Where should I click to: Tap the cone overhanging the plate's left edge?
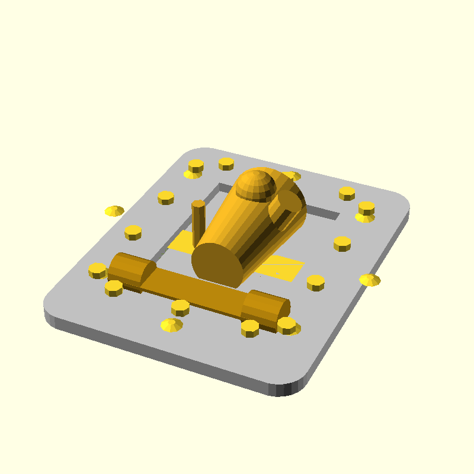click(x=114, y=211)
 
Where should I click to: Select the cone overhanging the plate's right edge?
click(x=370, y=280)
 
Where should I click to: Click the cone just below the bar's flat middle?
click(x=171, y=325)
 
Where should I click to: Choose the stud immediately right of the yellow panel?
click(x=315, y=282)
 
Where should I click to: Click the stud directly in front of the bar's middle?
click(x=180, y=308)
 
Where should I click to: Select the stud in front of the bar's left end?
click(x=113, y=288)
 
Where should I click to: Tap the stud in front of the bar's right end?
click(x=249, y=328)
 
